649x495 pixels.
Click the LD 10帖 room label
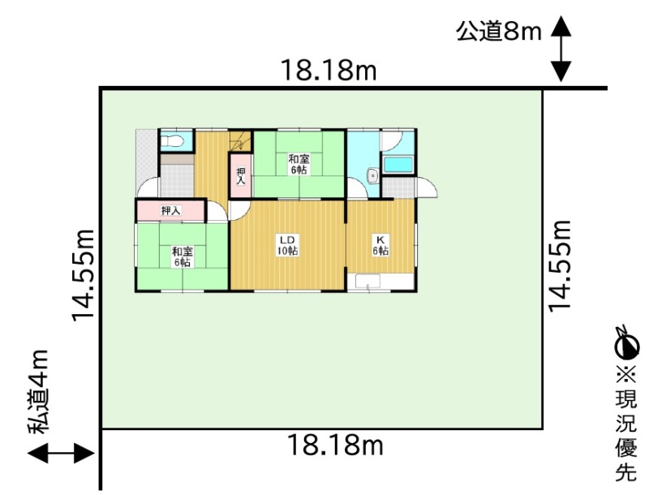click(287, 245)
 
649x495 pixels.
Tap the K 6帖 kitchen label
click(380, 245)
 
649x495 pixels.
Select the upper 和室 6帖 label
click(299, 164)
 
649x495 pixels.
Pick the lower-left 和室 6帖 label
click(182, 256)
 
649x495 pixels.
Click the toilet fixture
click(172, 141)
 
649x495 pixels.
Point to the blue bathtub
click(398, 166)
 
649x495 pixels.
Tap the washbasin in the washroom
click(373, 175)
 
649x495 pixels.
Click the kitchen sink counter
click(368, 282)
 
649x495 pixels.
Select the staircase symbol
click(241, 141)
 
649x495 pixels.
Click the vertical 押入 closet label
click(240, 175)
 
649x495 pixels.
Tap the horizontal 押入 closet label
click(171, 211)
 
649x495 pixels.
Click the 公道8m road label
click(499, 31)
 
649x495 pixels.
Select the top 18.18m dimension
click(329, 71)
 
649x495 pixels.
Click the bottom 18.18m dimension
click(335, 445)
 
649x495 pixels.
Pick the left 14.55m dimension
click(84, 275)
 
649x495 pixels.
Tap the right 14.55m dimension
click(560, 265)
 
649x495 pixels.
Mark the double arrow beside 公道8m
click(561, 49)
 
